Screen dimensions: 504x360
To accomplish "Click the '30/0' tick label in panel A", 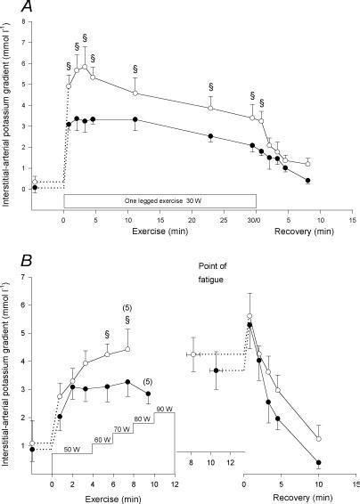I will click(x=255, y=220).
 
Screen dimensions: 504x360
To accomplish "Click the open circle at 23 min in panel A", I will click(x=210, y=108).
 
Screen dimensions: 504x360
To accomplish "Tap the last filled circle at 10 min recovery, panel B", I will click(x=319, y=462).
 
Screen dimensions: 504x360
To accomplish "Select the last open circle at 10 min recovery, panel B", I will click(x=319, y=439).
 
